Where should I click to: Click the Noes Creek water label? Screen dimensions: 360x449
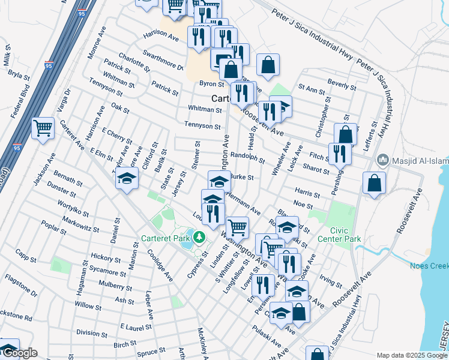(429, 265)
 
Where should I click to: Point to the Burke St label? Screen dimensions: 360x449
(243, 178)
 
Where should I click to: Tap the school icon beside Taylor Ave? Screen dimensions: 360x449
(127, 179)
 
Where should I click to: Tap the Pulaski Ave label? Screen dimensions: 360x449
(267, 336)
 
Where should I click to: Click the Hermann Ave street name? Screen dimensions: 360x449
(244, 206)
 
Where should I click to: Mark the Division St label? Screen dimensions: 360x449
(91, 333)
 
